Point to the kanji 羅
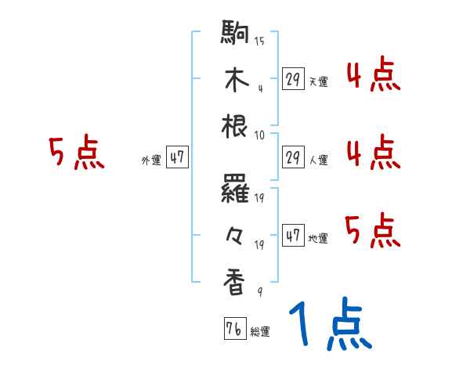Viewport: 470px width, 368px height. [235, 189]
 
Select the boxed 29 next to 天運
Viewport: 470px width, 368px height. [293, 79]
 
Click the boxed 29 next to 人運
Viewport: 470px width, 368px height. [293, 157]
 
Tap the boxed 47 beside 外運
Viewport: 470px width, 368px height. [177, 157]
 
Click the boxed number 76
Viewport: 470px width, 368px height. [233, 328]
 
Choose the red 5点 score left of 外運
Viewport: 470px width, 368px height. [75, 153]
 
